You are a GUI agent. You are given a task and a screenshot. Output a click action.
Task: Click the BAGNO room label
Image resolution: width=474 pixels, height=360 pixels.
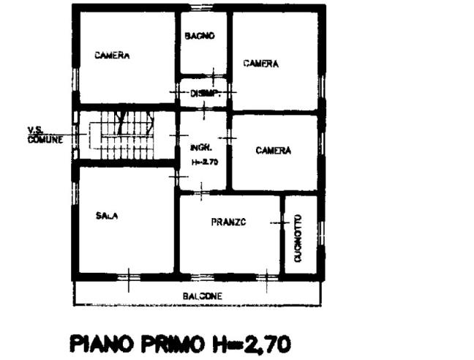coord(199,35)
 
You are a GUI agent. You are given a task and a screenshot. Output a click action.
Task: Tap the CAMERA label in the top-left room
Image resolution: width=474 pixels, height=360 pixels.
coord(112,56)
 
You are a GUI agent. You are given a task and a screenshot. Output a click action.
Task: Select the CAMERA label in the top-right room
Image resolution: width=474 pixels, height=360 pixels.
coord(261,64)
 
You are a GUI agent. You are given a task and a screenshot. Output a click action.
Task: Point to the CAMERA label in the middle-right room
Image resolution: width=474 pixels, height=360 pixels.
coord(274,151)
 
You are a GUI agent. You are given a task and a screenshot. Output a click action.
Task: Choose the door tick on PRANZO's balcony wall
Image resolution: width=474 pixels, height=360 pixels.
coord(267,279)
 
